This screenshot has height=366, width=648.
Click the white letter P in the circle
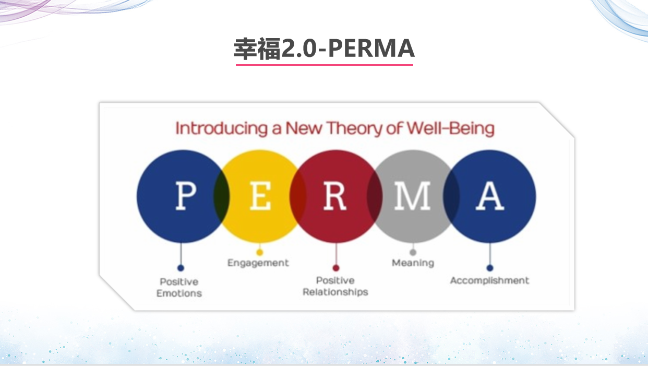(186, 196)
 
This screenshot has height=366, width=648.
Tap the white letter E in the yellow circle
(260, 196)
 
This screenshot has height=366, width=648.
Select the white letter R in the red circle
(335, 196)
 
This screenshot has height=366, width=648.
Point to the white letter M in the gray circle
(412, 196)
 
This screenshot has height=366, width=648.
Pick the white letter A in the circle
(490, 196)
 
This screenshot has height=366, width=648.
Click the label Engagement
(258, 263)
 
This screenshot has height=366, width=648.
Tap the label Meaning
(413, 263)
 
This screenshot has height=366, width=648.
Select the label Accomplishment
(489, 280)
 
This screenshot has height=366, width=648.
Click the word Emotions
(179, 293)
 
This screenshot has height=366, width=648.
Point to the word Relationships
(335, 292)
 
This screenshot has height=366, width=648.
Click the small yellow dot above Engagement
(260, 253)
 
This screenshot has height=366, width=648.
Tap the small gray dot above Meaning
(413, 253)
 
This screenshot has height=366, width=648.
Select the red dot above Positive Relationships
(336, 268)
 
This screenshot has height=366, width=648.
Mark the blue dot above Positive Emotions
(181, 268)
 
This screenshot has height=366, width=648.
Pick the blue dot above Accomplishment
(490, 268)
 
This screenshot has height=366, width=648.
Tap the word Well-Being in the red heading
(450, 128)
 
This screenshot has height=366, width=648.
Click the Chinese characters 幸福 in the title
(257, 49)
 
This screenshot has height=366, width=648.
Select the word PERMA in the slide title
(371, 49)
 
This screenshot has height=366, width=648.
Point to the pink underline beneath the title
(325, 65)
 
